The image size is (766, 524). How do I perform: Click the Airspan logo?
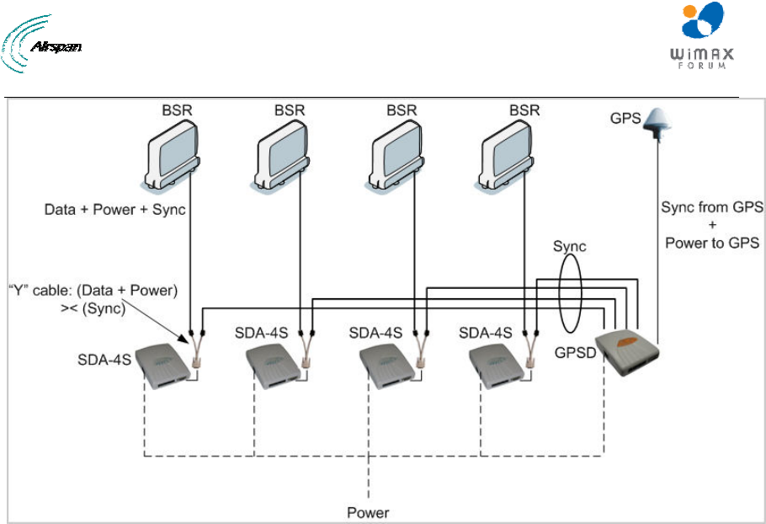[x=41, y=44]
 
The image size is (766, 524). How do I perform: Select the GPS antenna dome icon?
[x=657, y=122]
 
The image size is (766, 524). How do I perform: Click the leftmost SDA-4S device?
[x=162, y=366]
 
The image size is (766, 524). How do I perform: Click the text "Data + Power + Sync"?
[x=114, y=210]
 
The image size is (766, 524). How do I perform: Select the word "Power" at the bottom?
[x=368, y=513]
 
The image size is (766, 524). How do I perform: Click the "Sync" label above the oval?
[x=570, y=246]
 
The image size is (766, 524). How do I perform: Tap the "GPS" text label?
[x=625, y=118]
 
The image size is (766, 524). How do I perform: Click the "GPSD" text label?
[x=576, y=352]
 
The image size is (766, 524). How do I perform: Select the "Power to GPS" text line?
[x=712, y=243]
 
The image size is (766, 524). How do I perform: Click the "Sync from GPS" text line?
[x=712, y=207]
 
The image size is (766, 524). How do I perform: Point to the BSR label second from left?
[x=290, y=110]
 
